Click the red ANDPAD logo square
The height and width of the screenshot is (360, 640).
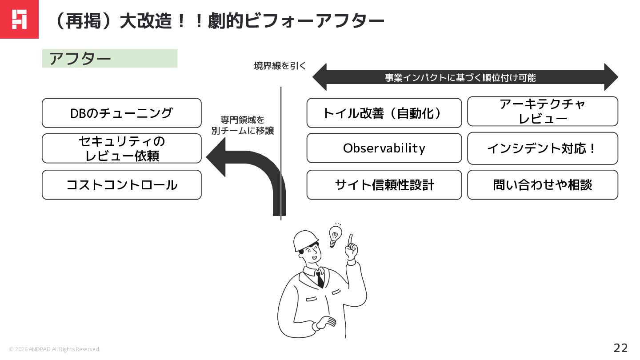[x=19, y=19]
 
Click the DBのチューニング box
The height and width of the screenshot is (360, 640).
[x=121, y=113]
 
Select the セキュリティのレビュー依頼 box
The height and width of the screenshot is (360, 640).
[x=121, y=148]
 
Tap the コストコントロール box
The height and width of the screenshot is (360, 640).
[x=121, y=185]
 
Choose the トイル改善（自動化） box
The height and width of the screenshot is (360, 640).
[x=384, y=113]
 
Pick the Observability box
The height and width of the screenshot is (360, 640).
[x=384, y=148]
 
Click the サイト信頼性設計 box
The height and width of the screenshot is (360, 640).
[x=384, y=185]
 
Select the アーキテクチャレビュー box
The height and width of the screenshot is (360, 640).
[x=542, y=111]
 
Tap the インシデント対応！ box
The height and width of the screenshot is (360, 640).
[x=542, y=148]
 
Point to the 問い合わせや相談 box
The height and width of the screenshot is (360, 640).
[x=542, y=185]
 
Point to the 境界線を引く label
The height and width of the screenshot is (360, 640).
[x=280, y=66]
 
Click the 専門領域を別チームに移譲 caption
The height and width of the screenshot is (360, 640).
[x=242, y=125]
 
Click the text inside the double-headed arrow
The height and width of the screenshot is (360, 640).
[x=460, y=78]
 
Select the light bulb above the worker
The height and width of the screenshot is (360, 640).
[x=336, y=234]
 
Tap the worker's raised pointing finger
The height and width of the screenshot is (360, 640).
[x=351, y=240]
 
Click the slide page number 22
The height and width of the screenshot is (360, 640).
[x=620, y=348]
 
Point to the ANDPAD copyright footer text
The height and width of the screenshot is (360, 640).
[x=55, y=349]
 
